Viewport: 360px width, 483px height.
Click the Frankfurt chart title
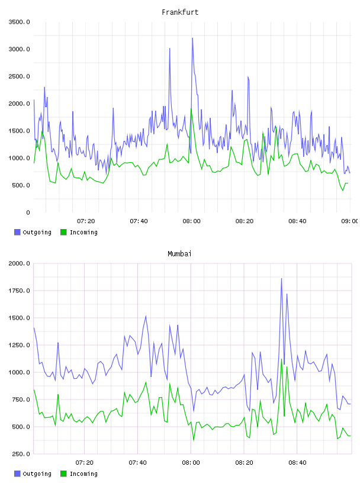pos(180,12)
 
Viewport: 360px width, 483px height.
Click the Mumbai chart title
pos(179,254)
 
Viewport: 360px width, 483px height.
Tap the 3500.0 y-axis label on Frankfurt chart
pos(19,22)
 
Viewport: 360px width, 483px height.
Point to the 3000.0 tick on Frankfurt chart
pos(19,49)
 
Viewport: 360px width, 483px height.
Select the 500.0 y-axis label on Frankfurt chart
pos(21,185)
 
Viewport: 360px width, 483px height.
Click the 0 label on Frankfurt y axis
pos(28,212)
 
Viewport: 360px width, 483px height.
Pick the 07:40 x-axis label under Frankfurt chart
pos(139,221)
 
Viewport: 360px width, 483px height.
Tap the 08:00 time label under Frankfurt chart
pos(191,221)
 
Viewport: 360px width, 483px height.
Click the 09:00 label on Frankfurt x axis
pos(350,221)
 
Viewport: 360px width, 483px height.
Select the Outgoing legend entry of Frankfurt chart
pos(33,232)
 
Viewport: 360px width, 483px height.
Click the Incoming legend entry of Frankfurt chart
pos(79,232)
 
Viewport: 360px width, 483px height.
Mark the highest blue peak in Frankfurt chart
pos(192,38)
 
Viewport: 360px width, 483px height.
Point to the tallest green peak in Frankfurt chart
pos(191,109)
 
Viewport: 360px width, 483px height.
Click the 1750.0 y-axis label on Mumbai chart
pos(19,291)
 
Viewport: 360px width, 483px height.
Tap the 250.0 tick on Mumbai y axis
pos(21,454)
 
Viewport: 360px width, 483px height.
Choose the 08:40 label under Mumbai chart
pos(297,463)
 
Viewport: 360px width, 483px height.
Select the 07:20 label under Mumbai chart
pos(85,463)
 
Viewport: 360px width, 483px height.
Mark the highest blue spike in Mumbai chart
pos(281,279)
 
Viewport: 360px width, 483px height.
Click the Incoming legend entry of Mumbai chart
pos(79,474)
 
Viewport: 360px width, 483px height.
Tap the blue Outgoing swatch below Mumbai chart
pos(17,474)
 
